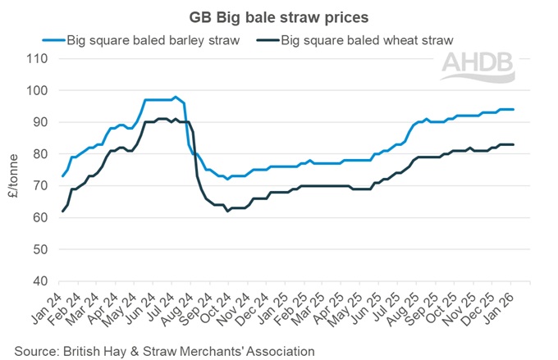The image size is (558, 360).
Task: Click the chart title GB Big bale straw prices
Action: point(278,16)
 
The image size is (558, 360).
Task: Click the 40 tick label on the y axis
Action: point(39,281)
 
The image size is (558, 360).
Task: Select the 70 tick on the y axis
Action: point(39,186)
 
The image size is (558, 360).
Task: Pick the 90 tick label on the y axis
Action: point(39,122)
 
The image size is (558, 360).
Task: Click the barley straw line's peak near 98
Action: point(175,97)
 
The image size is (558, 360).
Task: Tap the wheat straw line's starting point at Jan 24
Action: point(63,212)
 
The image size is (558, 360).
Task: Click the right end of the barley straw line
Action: point(514,109)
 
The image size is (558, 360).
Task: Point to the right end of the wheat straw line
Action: point(514,144)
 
